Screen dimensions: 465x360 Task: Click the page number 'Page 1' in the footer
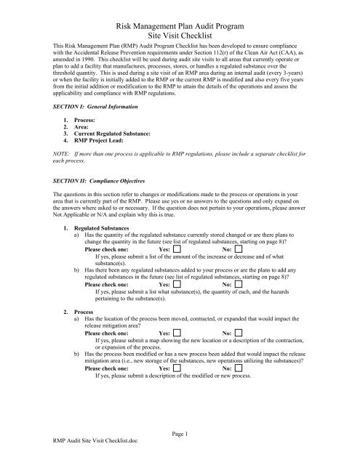[180, 450]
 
